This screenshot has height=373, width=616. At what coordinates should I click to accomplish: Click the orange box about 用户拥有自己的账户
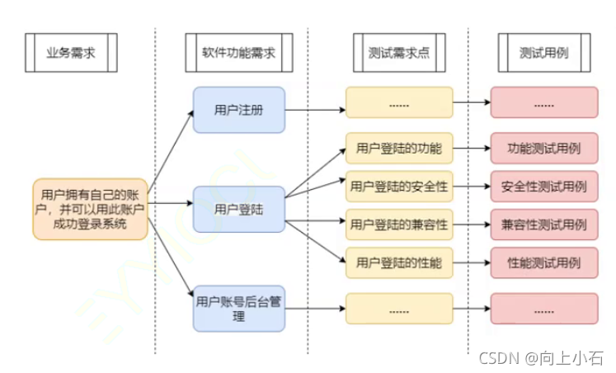[91, 209]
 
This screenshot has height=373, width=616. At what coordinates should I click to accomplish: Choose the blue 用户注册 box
[239, 110]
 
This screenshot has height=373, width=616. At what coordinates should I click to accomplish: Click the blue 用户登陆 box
[239, 209]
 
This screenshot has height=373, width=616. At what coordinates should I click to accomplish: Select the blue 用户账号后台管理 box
[239, 308]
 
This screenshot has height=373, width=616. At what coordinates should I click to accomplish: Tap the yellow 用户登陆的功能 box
[399, 149]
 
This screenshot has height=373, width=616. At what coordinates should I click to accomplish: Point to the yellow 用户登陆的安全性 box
[399, 186]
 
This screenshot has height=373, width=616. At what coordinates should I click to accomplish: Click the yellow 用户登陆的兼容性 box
[399, 224]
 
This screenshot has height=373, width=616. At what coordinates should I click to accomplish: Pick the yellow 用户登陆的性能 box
[399, 262]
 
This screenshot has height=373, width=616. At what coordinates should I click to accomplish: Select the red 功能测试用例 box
[543, 149]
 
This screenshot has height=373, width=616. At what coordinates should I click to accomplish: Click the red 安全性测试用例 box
[543, 186]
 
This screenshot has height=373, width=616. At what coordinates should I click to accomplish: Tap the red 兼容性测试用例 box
[543, 224]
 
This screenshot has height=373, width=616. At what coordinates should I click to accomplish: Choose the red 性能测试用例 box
[543, 262]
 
